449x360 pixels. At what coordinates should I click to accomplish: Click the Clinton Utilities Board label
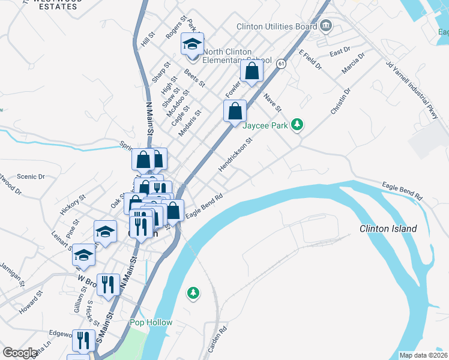tap(277, 26)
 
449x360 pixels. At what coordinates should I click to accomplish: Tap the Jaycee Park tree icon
tap(297, 125)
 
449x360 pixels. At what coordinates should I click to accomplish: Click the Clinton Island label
tap(388, 229)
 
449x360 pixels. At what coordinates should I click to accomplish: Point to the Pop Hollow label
tap(151, 322)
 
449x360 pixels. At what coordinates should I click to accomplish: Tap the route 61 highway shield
tap(282, 62)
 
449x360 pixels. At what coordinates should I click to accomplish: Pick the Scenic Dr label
tap(31, 176)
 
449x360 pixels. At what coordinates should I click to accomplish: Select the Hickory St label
tap(73, 204)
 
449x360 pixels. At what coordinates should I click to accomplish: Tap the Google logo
tap(20, 353)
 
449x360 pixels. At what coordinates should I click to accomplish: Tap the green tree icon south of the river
tap(193, 293)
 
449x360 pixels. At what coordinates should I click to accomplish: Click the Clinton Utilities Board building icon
tap(326, 25)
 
